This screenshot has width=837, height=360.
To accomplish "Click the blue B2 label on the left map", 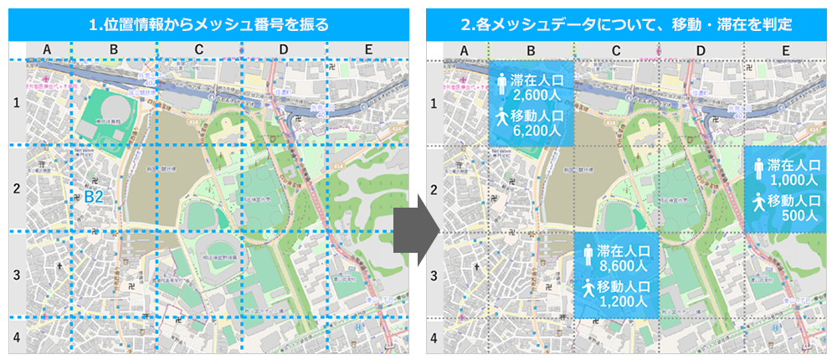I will click(x=93, y=197).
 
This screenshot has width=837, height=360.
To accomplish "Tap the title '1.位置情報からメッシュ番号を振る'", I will click(x=208, y=25).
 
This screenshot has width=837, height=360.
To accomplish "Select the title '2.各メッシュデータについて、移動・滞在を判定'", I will click(x=626, y=25).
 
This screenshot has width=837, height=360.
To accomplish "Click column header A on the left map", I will click(x=47, y=51).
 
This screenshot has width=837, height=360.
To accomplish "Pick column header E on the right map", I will click(x=785, y=51).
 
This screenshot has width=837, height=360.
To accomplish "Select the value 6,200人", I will click(x=542, y=131).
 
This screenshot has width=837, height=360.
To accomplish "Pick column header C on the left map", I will click(x=198, y=51).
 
